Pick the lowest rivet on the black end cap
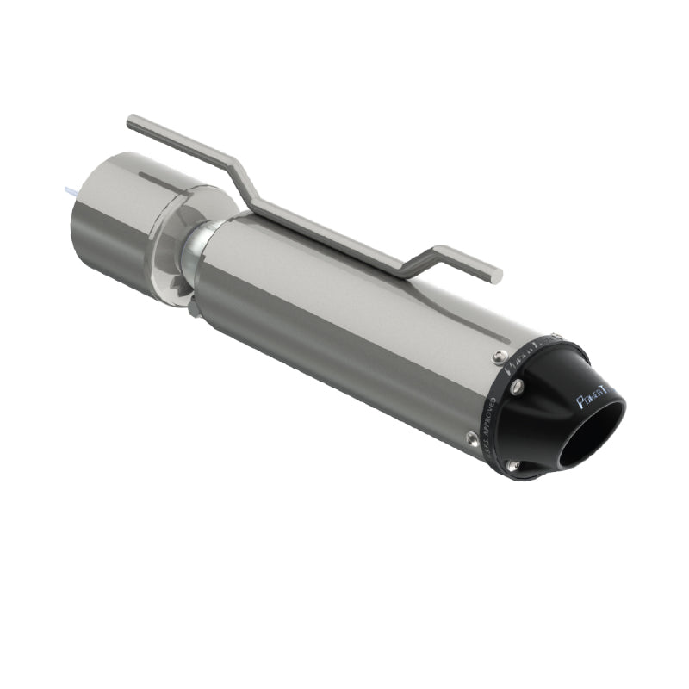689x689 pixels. point(514,466)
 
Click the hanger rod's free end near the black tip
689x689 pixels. point(496,275)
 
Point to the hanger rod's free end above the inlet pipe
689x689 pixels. point(131,122)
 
